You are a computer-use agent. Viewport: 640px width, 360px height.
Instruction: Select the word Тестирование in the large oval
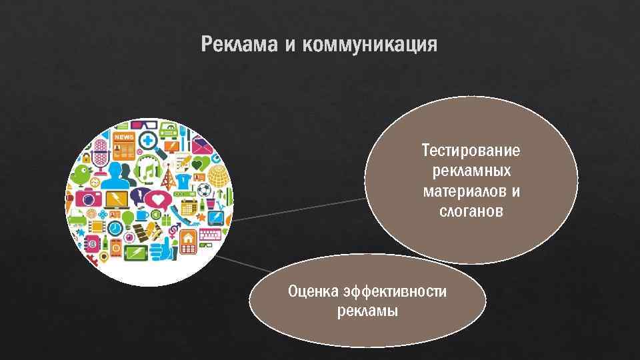[x=471, y=150]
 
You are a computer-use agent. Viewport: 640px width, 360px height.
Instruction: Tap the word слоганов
[x=471, y=212]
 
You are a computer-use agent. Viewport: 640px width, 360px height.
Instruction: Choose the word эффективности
[x=395, y=291]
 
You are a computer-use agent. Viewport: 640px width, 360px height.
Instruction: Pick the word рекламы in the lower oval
[x=367, y=311]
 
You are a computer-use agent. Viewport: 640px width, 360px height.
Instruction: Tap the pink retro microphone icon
[x=100, y=153]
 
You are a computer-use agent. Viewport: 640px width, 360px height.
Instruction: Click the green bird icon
[x=81, y=174]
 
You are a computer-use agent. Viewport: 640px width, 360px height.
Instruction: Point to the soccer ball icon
[x=204, y=190]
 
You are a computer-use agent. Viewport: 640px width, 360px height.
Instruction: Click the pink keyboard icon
[x=210, y=234]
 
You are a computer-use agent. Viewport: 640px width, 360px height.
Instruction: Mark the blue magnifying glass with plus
[x=147, y=141]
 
